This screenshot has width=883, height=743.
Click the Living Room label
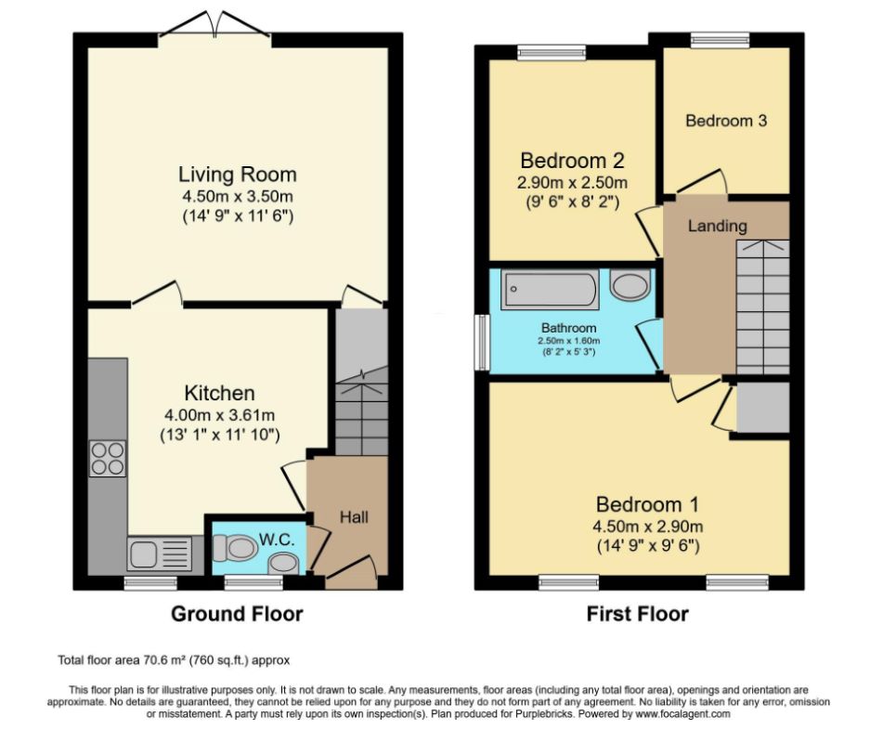237,174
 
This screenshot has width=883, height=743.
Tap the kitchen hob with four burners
108,459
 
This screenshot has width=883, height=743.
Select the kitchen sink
160,554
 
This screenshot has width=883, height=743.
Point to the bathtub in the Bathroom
549,290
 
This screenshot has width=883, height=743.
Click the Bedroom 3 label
726,121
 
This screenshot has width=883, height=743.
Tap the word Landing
718,226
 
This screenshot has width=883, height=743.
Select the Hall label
354,517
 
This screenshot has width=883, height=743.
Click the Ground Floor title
237,614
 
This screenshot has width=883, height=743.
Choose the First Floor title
638,614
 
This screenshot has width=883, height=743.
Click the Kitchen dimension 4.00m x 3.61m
220,415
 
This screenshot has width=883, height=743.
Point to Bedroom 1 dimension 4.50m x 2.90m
647,527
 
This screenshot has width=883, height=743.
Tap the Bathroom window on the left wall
482,343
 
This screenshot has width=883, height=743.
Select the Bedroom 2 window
552,53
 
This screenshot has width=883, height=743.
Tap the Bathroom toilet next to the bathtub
630,284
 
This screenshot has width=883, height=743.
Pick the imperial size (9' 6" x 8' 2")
573,202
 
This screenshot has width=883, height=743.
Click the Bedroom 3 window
721,40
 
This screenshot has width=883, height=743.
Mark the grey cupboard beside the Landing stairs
763,408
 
